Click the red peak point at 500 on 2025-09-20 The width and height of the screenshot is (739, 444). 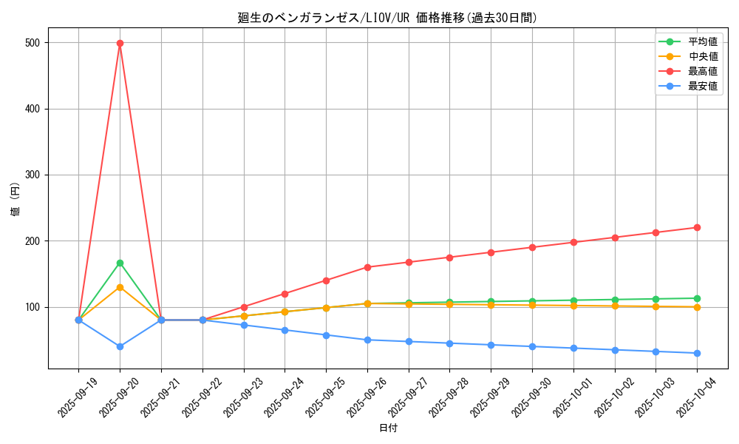[x=120, y=43]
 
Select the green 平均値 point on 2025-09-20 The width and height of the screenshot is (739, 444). [x=120, y=263]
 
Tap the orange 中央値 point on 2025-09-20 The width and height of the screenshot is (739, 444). [x=120, y=287]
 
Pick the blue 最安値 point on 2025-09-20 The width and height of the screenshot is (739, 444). [x=120, y=346]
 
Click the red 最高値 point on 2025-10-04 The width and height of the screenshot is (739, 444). [x=697, y=227]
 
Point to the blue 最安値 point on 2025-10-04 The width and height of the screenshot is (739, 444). [x=697, y=353]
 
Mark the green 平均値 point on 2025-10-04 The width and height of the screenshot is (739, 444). [x=697, y=298]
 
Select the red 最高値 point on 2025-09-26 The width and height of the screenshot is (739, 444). [x=367, y=267]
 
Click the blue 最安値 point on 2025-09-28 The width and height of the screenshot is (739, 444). [x=449, y=343]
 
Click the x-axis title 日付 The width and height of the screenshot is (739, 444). [x=388, y=428]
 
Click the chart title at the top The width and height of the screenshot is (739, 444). [x=388, y=18]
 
